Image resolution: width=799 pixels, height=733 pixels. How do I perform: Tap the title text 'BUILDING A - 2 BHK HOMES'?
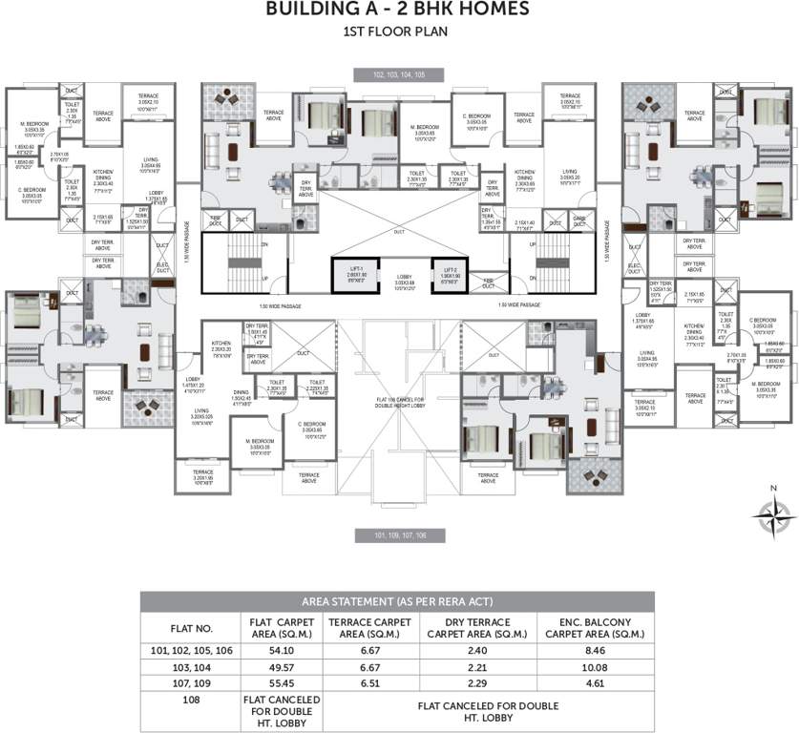click(x=398, y=10)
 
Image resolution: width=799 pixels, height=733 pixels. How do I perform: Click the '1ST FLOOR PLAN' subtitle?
click(x=398, y=31)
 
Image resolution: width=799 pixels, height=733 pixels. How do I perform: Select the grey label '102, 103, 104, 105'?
click(x=400, y=73)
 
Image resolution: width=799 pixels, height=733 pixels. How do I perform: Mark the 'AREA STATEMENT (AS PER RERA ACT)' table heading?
click(x=398, y=601)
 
